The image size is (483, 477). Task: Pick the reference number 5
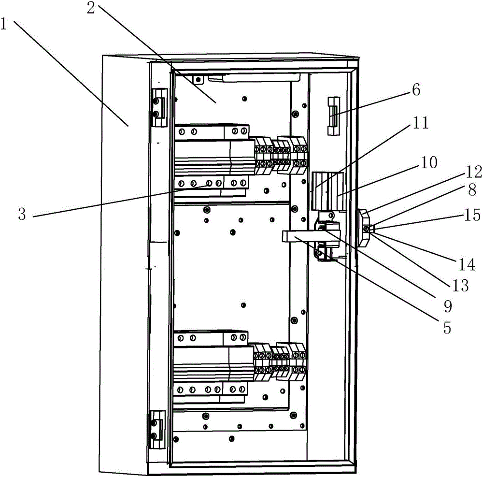point(447,328)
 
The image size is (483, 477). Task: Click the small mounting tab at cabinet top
point(197,78)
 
